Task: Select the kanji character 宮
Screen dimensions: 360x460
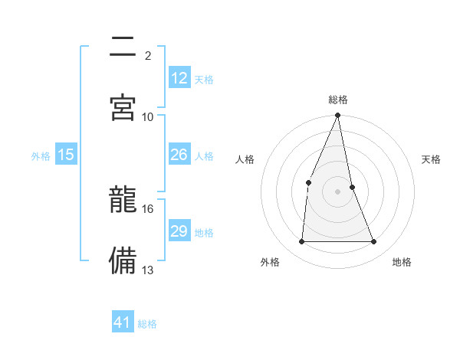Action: (x=123, y=106)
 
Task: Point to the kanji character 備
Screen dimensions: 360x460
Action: (x=123, y=259)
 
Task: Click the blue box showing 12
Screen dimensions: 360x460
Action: (x=179, y=78)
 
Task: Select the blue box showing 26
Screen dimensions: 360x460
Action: (x=179, y=155)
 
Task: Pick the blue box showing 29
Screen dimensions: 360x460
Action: (x=179, y=231)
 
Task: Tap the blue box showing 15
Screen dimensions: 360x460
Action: (x=66, y=155)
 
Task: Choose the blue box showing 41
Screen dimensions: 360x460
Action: (x=123, y=322)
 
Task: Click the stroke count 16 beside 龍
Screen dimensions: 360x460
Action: (x=148, y=208)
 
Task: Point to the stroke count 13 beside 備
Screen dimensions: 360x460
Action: (x=148, y=270)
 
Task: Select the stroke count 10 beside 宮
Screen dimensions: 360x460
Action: (x=148, y=116)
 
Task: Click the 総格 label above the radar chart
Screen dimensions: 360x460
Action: (x=338, y=100)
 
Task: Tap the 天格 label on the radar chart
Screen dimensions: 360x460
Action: (x=432, y=159)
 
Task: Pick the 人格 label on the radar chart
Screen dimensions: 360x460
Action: (x=245, y=159)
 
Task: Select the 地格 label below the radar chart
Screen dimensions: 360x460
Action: (x=402, y=262)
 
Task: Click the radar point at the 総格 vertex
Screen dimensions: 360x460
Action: (x=338, y=116)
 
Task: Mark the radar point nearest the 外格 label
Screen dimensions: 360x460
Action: (x=302, y=242)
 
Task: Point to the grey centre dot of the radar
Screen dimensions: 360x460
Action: (x=338, y=191)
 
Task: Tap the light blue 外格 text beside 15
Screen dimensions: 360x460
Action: (x=41, y=155)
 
